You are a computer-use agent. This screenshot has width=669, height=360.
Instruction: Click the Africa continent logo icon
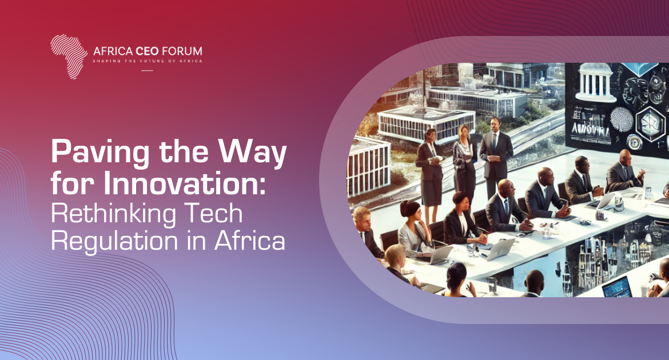point(68,57)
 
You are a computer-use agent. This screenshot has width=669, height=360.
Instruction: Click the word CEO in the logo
point(147,51)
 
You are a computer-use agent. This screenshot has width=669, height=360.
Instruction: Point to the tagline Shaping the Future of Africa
point(148,61)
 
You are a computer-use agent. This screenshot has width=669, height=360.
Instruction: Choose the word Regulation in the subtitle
point(114,241)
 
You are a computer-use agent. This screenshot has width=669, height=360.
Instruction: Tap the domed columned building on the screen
point(595,83)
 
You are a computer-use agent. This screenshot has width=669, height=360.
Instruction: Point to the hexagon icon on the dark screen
point(650,122)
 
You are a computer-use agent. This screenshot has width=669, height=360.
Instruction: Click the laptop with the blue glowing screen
point(617,287)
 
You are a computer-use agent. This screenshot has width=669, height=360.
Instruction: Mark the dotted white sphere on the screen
point(622,119)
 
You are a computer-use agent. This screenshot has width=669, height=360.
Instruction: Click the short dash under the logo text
point(147,70)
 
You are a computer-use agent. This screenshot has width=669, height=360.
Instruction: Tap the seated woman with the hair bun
point(414,230)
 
